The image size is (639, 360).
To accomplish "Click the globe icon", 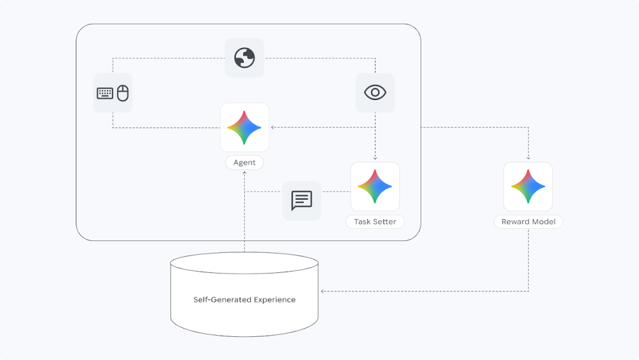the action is tap(244, 57).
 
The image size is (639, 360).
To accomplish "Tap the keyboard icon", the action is tap(105, 94).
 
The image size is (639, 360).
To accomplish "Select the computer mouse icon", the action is tap(122, 93).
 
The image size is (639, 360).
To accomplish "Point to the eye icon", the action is tap(375, 92).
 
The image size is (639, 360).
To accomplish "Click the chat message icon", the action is tap(302, 201).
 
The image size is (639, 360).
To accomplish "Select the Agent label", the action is tap(244, 162).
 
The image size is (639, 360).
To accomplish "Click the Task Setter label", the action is tap(375, 222).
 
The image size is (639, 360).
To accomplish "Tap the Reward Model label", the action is tap(528, 222).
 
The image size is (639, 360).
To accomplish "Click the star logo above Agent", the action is tap(244, 128).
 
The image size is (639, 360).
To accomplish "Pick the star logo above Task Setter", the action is tap(375, 187).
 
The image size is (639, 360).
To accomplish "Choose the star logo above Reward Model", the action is tap(528, 187).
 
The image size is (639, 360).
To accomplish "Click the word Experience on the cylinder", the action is tap(275, 300).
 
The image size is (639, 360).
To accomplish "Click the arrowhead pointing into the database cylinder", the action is tap(322, 291).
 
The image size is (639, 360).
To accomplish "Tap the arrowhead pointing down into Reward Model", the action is tap(528, 157).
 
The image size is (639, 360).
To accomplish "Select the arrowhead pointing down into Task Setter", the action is tap(375, 157).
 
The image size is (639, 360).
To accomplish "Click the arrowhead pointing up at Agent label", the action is tap(244, 173).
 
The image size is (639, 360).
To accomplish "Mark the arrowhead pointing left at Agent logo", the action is tap(273, 127).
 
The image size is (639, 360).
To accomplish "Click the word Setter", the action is tap(385, 222).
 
